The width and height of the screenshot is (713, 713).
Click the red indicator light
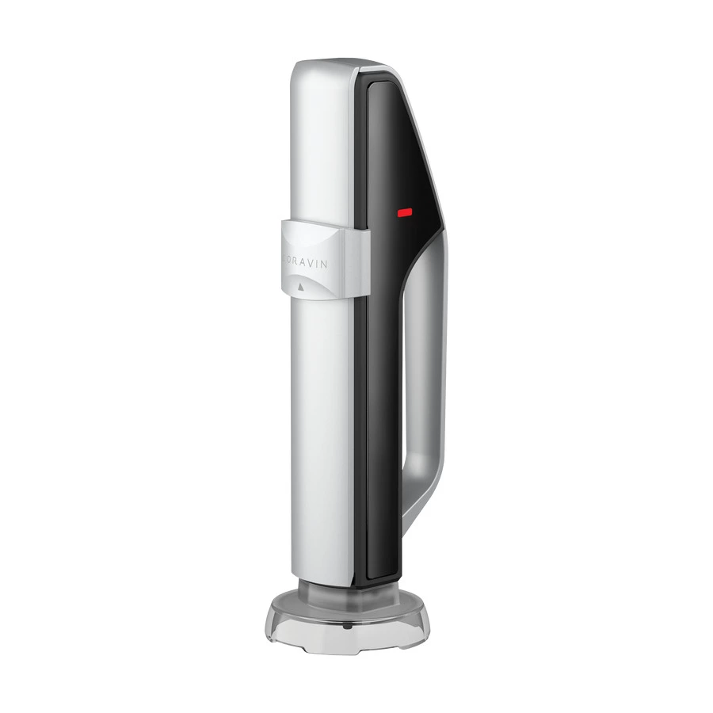pos(405,212)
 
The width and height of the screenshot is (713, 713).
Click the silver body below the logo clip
pos(317,436)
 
